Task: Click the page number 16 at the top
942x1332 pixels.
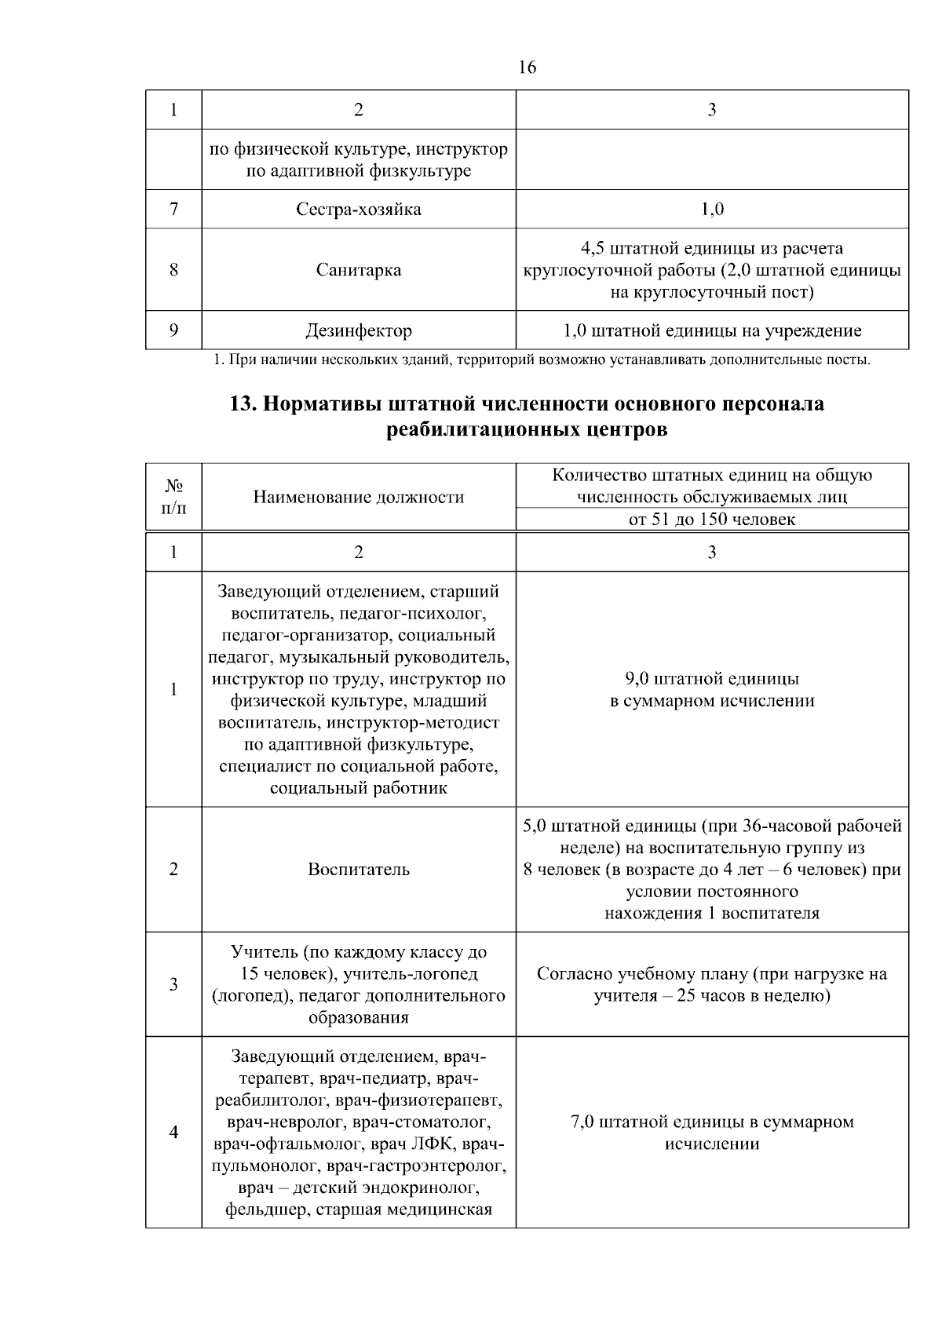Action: [x=528, y=68]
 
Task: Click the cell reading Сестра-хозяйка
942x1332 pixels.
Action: [x=359, y=210]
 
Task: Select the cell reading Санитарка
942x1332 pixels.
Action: [x=359, y=270]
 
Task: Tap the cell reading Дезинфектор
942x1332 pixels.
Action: [x=359, y=330]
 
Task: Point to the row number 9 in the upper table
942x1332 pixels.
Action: [x=173, y=330]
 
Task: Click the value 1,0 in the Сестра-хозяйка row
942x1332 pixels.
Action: [x=712, y=210]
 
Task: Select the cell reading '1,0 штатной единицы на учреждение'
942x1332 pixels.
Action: [x=712, y=330]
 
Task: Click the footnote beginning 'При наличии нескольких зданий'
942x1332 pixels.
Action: [x=542, y=361]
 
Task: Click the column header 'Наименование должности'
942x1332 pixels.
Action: [x=359, y=497]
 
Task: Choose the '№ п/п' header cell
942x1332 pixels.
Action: [x=173, y=497]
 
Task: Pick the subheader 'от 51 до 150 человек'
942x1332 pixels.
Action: [x=712, y=520]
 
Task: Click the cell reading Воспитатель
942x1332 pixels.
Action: [x=359, y=870]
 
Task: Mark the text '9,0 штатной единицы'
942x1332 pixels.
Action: [x=712, y=679]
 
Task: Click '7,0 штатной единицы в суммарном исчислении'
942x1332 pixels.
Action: [x=712, y=1133]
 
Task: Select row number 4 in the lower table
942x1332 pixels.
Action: [x=173, y=1133]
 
